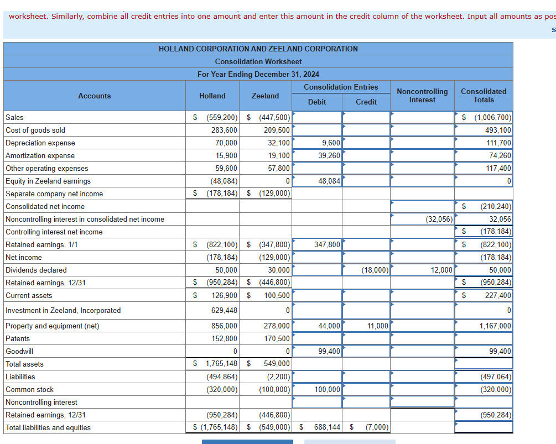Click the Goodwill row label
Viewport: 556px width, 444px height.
(x=19, y=351)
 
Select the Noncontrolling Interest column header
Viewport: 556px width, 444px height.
(x=422, y=96)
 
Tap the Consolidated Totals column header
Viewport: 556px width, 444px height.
(x=483, y=96)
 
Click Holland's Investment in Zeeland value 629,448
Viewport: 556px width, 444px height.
(x=224, y=310)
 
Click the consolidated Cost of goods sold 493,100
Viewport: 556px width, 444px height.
(x=498, y=130)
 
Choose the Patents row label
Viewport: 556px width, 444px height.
(x=18, y=338)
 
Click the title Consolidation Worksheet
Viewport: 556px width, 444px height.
(x=258, y=61)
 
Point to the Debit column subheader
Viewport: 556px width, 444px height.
(x=317, y=102)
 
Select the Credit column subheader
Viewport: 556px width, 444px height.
(x=366, y=102)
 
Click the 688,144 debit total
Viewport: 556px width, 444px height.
(x=326, y=427)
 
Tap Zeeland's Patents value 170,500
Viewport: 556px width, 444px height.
(x=277, y=338)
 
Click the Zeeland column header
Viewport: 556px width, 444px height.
(x=266, y=96)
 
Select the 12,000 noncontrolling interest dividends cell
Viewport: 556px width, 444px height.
(x=441, y=270)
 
